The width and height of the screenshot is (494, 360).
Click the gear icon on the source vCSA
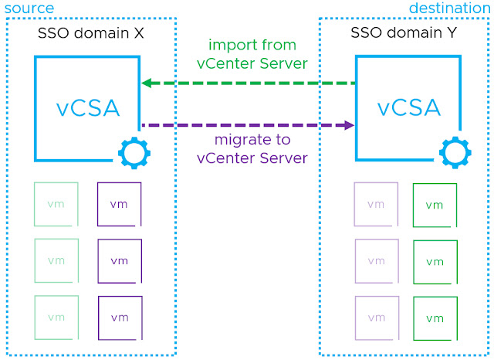(x=134, y=153)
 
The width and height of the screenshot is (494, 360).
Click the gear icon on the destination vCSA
(x=455, y=153)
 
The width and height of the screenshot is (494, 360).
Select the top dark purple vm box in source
(x=120, y=204)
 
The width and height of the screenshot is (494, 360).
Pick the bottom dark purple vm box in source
(x=120, y=318)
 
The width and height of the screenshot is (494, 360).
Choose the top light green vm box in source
(x=56, y=204)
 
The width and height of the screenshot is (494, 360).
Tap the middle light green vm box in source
(x=56, y=260)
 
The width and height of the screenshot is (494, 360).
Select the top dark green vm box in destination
(x=435, y=205)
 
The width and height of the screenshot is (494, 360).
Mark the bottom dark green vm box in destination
(x=435, y=318)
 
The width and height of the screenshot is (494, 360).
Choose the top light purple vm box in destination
(x=376, y=204)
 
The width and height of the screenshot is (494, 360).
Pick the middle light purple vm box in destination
(x=376, y=260)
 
